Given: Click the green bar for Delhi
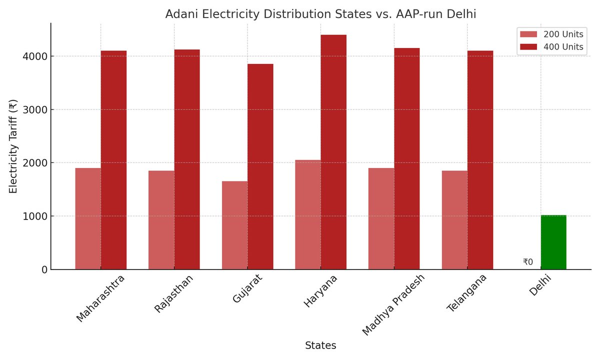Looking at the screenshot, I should coord(553,242).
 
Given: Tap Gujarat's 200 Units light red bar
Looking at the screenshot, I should coord(234,225).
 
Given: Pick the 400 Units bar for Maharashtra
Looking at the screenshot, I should coord(113,160).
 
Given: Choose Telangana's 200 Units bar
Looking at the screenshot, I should coord(454,220).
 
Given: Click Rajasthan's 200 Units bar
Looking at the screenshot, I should coord(161,220).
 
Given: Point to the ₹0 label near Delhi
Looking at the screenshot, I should coord(528,262).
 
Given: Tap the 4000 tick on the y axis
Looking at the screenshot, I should coord(35,56).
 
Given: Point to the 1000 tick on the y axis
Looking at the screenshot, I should coord(35,216).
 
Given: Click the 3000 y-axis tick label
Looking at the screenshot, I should coord(35,109).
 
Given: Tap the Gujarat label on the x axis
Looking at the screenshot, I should coord(247,288).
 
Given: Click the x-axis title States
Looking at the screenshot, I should coord(320,345).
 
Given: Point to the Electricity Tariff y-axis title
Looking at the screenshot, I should coord(13,146).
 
